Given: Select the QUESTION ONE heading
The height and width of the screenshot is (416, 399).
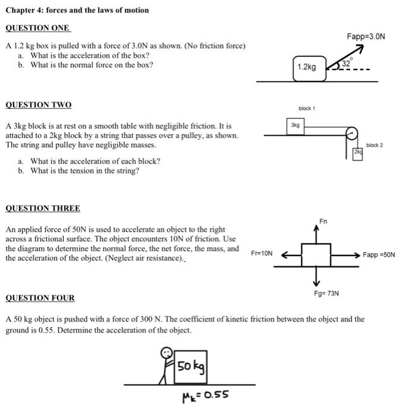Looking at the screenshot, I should [37, 28].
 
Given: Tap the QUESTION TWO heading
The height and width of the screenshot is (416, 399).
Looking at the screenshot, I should [38, 105].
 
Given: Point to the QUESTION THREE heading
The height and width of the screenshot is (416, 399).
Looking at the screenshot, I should [42, 209].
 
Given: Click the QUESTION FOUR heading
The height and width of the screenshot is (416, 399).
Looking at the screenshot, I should [40, 298].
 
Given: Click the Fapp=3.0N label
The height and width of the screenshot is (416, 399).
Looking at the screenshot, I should [366, 36].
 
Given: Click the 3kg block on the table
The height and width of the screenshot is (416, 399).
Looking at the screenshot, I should [296, 125].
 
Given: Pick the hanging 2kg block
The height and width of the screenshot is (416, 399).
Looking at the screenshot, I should [357, 153].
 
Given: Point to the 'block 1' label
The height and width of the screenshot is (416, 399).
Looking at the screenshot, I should [307, 108].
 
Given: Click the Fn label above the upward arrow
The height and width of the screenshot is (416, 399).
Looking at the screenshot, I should [323, 221].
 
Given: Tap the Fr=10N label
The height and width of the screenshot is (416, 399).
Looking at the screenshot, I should [262, 253].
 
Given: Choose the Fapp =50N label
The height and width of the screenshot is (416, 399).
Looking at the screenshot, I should [378, 254].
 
